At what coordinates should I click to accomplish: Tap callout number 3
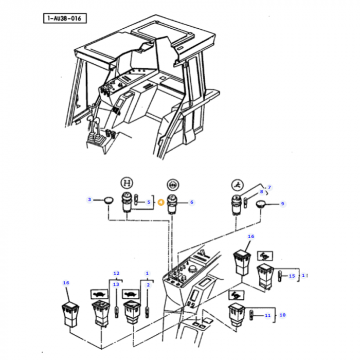(89, 200)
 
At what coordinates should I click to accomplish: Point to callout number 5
(149, 202)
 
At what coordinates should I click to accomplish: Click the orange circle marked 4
(160, 202)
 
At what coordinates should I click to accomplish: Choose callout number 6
(191, 202)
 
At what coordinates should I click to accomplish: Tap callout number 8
(261, 192)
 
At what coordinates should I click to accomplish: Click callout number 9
(282, 204)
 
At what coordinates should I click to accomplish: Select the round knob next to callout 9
(262, 205)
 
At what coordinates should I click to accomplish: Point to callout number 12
(116, 273)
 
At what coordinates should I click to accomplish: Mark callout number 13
(116, 284)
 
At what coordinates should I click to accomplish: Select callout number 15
(292, 276)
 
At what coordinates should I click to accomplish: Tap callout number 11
(267, 315)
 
